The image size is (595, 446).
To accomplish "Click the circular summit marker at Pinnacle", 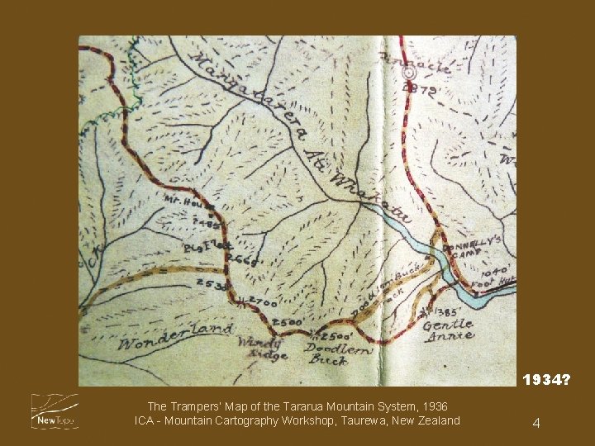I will tap(408, 74).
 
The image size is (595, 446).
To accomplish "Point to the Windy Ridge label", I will tap(262, 349).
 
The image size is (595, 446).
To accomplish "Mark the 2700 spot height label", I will tap(262, 303).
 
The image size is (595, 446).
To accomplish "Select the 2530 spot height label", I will tap(212, 285).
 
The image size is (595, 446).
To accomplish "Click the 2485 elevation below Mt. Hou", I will tap(205, 223).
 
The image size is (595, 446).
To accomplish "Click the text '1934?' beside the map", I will tap(545, 380).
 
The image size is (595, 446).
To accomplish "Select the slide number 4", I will tap(536, 423).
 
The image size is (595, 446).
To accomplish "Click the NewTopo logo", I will tap(54, 410).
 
